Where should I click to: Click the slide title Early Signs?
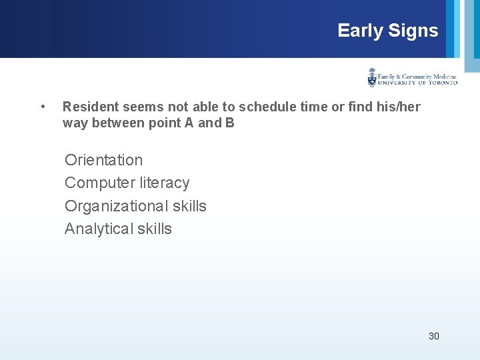click(x=387, y=31)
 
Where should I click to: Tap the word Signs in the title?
click(x=415, y=31)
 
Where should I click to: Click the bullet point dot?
click(x=43, y=107)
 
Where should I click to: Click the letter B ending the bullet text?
click(x=230, y=123)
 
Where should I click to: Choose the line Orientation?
click(x=103, y=160)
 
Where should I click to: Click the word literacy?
click(x=165, y=183)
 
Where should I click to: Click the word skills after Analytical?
click(x=154, y=229)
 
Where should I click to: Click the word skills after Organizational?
click(x=189, y=206)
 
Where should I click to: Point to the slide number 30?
click(x=433, y=336)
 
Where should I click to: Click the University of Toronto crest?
click(x=372, y=78)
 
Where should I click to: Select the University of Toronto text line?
click(x=417, y=83)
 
